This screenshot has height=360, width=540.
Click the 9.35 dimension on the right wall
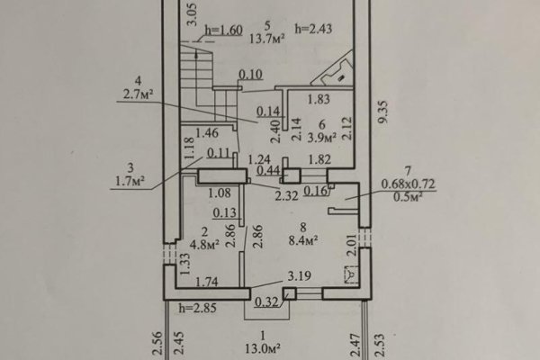coord(383,112)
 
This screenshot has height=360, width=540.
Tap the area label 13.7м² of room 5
coord(267,39)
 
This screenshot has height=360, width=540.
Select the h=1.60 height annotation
coord(224,31)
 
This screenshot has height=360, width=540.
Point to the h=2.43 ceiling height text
coord(313,29)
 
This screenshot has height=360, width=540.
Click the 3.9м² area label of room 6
coord(321,138)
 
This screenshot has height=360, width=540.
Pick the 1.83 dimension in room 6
coord(319,99)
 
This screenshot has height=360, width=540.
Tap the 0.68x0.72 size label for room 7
coord(408,184)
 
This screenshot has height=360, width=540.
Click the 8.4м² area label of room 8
coord(303,240)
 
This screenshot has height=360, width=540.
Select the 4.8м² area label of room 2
coord(205,245)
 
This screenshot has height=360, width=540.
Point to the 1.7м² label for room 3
coord(130,181)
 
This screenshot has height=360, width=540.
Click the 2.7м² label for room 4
coord(138,94)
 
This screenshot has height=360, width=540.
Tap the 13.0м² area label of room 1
coord(263,348)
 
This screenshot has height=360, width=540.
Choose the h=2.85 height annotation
coord(198,308)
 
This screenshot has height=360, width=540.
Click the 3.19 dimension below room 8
coord(300,275)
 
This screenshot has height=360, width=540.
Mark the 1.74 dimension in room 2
coord(207,282)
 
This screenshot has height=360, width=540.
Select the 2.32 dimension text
coord(286,195)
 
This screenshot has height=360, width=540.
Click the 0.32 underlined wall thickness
coord(266,302)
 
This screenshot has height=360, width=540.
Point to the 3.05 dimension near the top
coord(192,14)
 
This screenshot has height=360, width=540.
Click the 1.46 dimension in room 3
coord(207,133)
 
